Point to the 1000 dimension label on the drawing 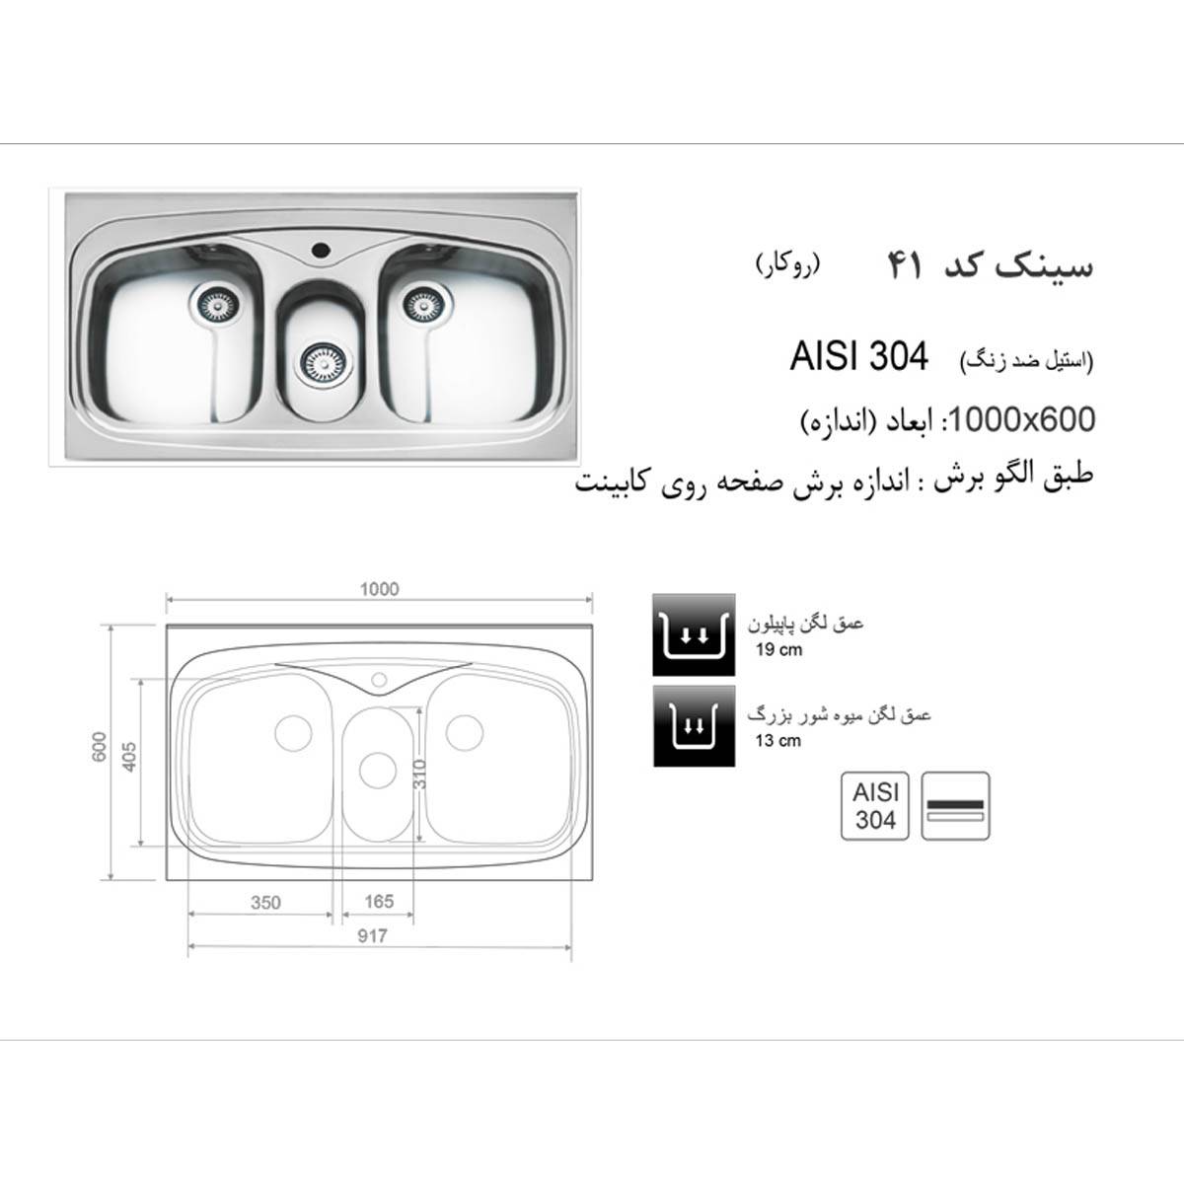coord(379,589)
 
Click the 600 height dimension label coord(98,750)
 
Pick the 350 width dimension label coord(264,902)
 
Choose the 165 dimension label coord(378,901)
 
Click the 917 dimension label coord(373,935)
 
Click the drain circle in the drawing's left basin coord(292,732)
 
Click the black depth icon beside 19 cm coord(693,634)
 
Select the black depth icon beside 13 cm coord(693,726)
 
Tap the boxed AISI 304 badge coord(875,805)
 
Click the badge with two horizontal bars coord(956,805)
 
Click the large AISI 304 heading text coord(858,357)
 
